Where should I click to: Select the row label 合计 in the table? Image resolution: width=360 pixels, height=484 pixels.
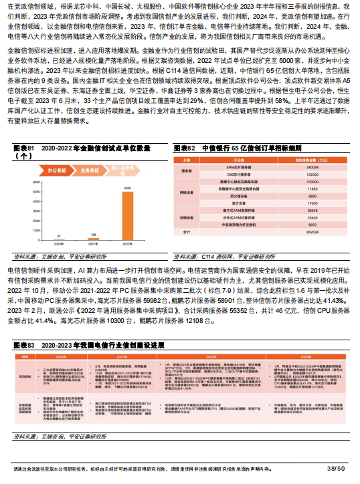click(x=186, y=231)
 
